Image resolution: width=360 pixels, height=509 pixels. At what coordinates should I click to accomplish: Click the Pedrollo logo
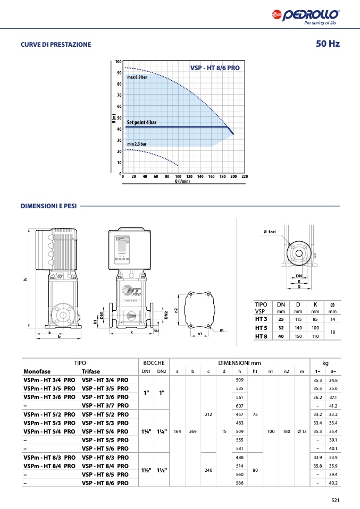(306, 16)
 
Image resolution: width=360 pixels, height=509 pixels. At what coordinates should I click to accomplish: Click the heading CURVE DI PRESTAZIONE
(56, 45)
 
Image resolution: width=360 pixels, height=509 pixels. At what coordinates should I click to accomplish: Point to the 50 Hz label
(328, 44)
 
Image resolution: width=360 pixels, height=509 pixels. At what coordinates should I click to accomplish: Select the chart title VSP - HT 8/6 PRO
(215, 68)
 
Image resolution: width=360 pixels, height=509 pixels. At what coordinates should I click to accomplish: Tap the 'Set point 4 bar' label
(141, 122)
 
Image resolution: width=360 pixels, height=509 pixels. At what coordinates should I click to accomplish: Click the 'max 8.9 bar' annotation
(137, 77)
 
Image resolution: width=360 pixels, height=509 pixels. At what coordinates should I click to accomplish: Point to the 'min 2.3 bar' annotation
(137, 144)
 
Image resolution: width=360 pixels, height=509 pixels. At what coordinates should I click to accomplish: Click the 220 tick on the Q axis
(245, 176)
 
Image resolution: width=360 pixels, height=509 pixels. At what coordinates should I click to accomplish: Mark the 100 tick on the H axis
(118, 62)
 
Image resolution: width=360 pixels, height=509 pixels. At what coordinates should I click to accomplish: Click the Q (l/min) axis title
(182, 181)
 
